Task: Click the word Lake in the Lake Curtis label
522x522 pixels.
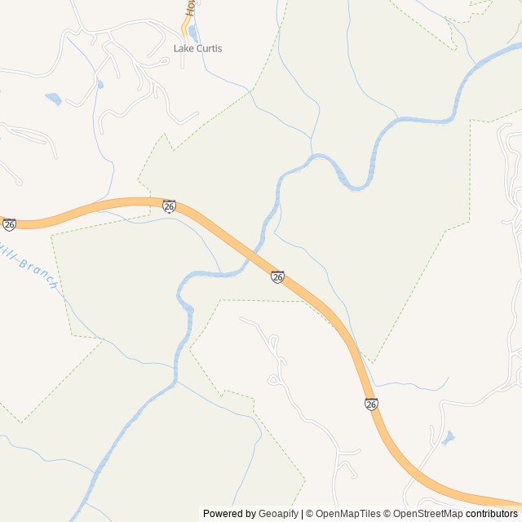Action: coord(184,49)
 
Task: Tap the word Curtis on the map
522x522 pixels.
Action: coord(208,49)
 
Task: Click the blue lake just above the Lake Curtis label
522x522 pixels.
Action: coord(193,33)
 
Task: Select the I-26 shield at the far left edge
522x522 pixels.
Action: coord(9,223)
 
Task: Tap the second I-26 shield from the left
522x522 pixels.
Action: coord(169,206)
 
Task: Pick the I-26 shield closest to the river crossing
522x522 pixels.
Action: coord(277,277)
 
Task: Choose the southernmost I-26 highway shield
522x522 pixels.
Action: coord(371,404)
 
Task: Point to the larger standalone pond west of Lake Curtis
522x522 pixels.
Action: coord(53,100)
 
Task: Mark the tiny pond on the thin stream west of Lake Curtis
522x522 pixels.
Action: coord(100,83)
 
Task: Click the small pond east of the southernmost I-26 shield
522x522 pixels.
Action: coord(447,439)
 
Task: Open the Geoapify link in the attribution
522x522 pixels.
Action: coord(279,514)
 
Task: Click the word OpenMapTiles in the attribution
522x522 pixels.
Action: coord(347,514)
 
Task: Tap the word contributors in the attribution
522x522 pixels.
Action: coord(491,514)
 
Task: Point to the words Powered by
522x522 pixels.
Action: coord(229,514)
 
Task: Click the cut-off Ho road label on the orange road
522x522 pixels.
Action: coord(189,8)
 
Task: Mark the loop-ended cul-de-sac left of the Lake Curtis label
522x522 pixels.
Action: coord(115,44)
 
